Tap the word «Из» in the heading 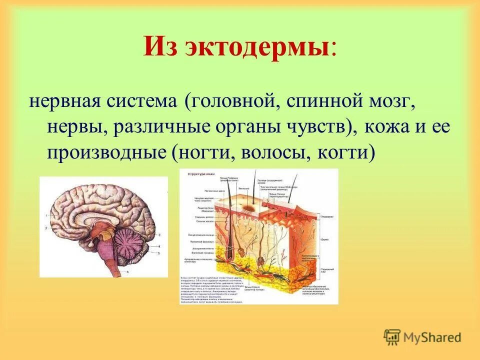tap(160, 48)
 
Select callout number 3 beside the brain tap(158, 234)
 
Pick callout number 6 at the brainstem tap(127, 271)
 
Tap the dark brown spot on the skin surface tap(248, 206)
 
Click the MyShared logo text tap(432, 337)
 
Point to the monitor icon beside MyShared tap(392, 336)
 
